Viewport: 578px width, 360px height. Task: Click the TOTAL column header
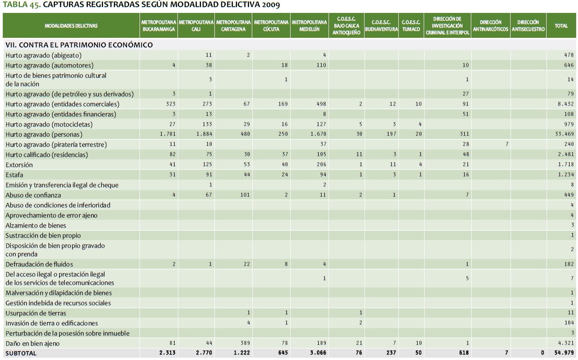(561, 26)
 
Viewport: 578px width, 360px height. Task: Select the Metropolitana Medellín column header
(309, 26)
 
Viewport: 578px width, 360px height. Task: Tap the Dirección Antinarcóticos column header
(491, 26)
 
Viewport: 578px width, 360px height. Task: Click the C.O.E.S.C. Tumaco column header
(410, 26)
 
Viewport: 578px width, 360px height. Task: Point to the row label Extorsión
(19, 165)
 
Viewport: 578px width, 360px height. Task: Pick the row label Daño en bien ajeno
(33, 343)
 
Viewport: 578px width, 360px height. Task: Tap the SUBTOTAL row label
(21, 354)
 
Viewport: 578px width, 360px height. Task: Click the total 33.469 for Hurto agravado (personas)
(565, 134)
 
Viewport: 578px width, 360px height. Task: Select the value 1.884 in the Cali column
(203, 134)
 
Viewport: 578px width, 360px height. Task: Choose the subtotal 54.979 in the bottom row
(565, 354)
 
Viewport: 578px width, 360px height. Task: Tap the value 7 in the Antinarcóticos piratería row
(507, 144)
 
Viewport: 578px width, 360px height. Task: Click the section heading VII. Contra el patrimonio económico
(79, 45)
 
